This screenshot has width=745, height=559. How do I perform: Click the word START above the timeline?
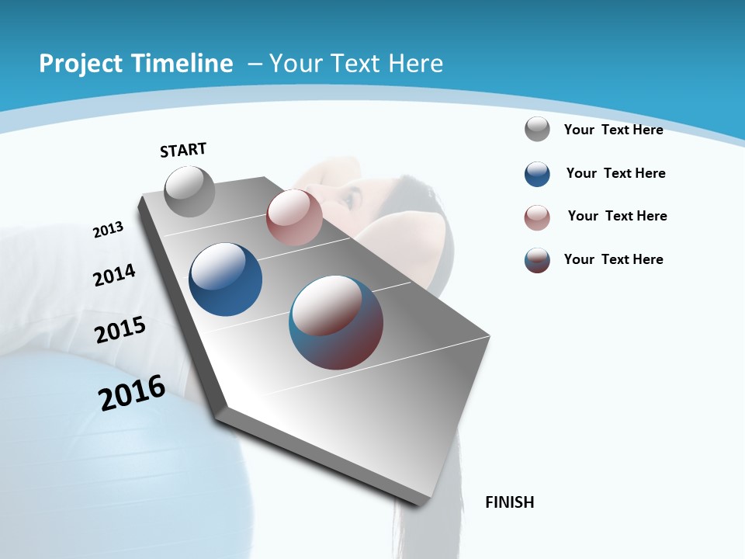pos(183,150)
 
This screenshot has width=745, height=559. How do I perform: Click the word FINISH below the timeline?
pos(510,502)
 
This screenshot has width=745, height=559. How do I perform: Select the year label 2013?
pos(109,230)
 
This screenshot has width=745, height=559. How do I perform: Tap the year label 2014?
pos(114,275)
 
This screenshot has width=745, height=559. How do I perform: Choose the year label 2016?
pos(132,393)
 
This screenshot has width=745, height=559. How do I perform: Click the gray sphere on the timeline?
pos(190,192)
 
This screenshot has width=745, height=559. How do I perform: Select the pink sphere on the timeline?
pos(294,217)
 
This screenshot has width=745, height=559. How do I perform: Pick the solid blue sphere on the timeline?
pos(225,279)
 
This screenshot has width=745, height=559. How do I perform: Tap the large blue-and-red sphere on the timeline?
pos(336,322)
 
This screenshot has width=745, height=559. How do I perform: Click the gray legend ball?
pos(537,130)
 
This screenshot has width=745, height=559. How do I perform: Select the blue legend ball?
pos(537,174)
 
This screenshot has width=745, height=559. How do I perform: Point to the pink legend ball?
pos(537,217)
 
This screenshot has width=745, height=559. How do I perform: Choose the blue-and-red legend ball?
pos(537,260)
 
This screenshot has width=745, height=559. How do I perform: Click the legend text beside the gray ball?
pos(613,130)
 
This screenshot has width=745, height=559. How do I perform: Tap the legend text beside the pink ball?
pos(617,216)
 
